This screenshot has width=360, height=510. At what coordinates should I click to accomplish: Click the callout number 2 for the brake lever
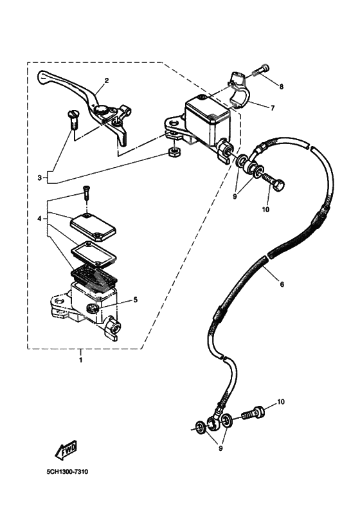coord(106,80)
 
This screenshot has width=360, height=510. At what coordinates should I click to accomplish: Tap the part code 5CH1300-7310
coord(67,472)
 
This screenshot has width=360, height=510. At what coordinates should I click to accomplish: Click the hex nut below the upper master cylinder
coord(172,153)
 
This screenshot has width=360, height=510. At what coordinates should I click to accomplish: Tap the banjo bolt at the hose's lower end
coord(253,413)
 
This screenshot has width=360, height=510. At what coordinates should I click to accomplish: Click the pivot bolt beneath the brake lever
coord(71,120)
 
